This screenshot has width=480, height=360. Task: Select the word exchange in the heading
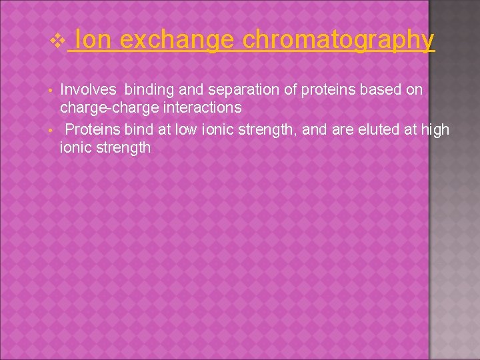click(x=177, y=41)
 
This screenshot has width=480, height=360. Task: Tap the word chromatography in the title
click(x=339, y=41)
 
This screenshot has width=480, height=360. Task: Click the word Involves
click(x=88, y=89)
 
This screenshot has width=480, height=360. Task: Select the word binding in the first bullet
click(x=149, y=89)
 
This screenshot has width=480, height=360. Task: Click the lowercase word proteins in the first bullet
click(x=312, y=89)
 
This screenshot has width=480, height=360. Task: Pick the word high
click(x=435, y=129)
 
